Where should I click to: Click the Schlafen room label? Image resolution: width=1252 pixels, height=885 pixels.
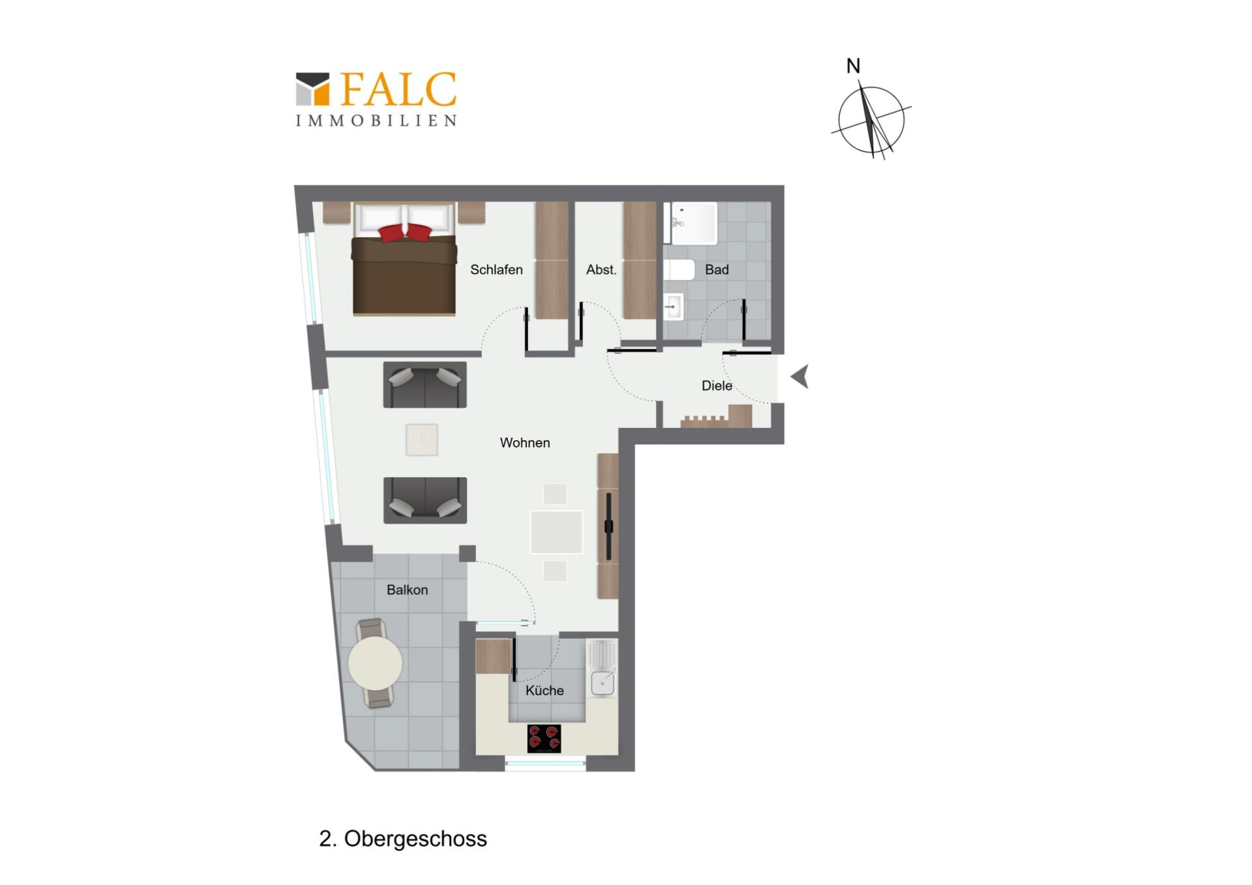pyautogui.click(x=496, y=269)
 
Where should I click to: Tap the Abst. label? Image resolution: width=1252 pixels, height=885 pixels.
pyautogui.click(x=601, y=269)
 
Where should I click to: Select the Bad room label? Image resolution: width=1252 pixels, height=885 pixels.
pyautogui.click(x=716, y=269)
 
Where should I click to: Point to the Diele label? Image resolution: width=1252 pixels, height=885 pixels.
pyautogui.click(x=716, y=385)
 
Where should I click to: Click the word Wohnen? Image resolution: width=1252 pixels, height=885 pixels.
pyautogui.click(x=524, y=443)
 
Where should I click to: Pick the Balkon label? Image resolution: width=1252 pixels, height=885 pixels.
pyautogui.click(x=407, y=590)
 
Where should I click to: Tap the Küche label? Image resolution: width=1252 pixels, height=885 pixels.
pyautogui.click(x=544, y=690)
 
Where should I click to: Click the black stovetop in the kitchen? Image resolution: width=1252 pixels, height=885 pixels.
pyautogui.click(x=544, y=738)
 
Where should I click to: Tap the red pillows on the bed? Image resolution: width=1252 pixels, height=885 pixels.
pyautogui.click(x=405, y=232)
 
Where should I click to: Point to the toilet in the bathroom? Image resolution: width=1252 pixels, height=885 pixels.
pyautogui.click(x=679, y=269)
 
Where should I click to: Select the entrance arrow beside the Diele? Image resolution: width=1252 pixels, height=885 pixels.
pyautogui.click(x=800, y=377)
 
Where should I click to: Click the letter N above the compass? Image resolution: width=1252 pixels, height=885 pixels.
pyautogui.click(x=853, y=66)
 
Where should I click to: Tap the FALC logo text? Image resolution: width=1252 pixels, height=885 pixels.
pyautogui.click(x=397, y=90)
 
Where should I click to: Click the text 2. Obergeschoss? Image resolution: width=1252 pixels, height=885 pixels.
pyautogui.click(x=402, y=839)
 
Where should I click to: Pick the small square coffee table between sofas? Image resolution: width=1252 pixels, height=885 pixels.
pyautogui.click(x=421, y=440)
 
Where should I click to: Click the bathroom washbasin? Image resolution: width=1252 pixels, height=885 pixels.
pyautogui.click(x=673, y=307)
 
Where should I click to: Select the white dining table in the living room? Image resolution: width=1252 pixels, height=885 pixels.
pyautogui.click(x=556, y=532)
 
